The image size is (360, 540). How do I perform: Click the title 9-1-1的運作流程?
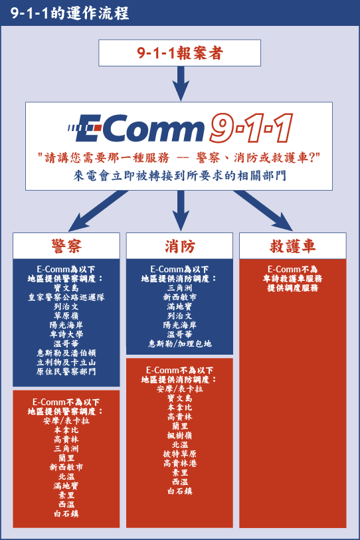[x=70, y=13]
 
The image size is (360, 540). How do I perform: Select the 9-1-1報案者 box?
[x=179, y=52]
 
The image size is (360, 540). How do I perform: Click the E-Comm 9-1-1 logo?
[x=180, y=128]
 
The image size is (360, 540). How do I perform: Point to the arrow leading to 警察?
[x=98, y=211]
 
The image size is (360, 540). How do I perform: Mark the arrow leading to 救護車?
[x=263, y=211]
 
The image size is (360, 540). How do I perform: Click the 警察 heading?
[x=66, y=246]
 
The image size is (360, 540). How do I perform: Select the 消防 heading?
[x=179, y=246]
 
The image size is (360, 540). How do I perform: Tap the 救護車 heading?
[x=292, y=246]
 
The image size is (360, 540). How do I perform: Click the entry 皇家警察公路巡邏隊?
[x=66, y=297]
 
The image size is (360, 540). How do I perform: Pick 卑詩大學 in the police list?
[x=66, y=334]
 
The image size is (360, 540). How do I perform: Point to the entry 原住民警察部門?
[x=66, y=371]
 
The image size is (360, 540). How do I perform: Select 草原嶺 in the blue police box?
[x=66, y=315]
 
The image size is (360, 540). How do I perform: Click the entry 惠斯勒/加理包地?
[x=180, y=343]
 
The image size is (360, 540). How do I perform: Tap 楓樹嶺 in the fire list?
[x=179, y=436]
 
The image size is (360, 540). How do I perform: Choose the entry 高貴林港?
[x=180, y=464]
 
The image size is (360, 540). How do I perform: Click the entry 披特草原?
[x=180, y=454]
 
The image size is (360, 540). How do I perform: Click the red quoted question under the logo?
[x=179, y=158]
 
